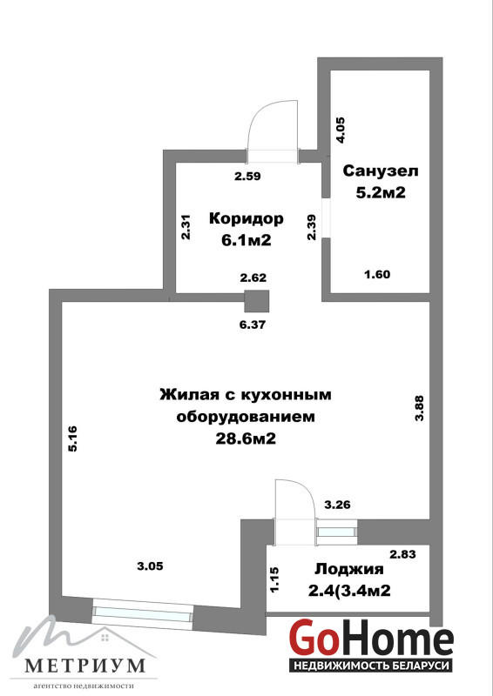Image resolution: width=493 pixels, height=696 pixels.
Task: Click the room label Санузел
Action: coord(381,171)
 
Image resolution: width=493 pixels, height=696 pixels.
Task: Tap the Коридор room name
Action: coord(246,218)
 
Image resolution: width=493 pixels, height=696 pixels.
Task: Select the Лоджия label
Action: coord(349,569)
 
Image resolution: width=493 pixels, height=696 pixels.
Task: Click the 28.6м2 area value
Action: coord(246,439)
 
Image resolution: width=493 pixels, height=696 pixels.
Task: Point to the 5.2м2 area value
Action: coord(381,192)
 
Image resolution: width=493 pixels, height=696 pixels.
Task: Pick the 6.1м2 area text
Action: coord(246,240)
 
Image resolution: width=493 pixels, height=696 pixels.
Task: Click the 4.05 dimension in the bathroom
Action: coord(341,129)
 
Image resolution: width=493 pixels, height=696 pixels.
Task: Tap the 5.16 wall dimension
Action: coord(72,438)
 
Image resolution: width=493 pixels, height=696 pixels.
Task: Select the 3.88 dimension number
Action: coord(419,408)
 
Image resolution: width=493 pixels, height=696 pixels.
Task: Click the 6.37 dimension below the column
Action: coord(253,325)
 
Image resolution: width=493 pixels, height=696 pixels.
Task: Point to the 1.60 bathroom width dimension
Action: coord(377,274)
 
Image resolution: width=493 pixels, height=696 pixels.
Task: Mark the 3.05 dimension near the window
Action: coord(151,566)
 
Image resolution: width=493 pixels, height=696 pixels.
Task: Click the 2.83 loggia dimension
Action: coord(402,554)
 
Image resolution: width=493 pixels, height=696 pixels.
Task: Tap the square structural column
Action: coord(257,301)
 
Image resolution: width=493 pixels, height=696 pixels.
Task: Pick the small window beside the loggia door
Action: coord(337,532)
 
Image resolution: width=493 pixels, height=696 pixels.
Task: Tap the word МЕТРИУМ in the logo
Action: coord(84,665)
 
